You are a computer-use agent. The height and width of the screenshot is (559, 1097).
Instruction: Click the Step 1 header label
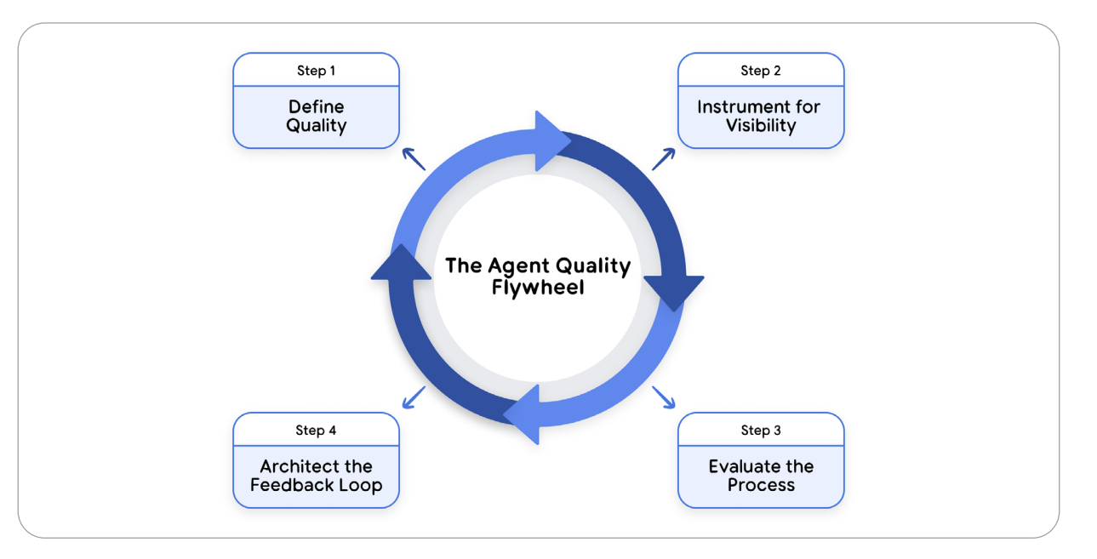coord(316,71)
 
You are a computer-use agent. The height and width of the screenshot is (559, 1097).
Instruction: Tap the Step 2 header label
coord(760,71)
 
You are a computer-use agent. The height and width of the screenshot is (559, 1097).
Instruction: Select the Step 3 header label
coord(760,431)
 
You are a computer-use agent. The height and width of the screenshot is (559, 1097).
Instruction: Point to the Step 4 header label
coord(316,431)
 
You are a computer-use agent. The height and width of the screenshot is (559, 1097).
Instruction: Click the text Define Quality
coord(316,117)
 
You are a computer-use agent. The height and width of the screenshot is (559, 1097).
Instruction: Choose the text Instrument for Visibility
coord(760,117)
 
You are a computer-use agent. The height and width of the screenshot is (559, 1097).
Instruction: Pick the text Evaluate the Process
coord(760,476)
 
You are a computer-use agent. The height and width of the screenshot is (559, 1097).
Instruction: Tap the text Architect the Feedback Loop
coord(316,476)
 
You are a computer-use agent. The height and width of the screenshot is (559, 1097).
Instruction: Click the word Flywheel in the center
coord(538,288)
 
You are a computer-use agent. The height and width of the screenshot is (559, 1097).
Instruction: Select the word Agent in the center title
coord(518,265)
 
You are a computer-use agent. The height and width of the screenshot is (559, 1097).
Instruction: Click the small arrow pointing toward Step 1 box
coord(414,158)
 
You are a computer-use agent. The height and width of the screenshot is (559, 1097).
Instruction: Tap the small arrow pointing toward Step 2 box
coord(664,158)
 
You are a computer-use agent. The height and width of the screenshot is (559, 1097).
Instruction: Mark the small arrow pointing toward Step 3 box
coord(664,396)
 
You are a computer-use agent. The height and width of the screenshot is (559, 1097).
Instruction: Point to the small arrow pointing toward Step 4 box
coord(414,396)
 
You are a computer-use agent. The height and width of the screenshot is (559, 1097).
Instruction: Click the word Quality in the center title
coord(595,265)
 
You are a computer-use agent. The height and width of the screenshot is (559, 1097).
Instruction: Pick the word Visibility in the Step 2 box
coord(760,126)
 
